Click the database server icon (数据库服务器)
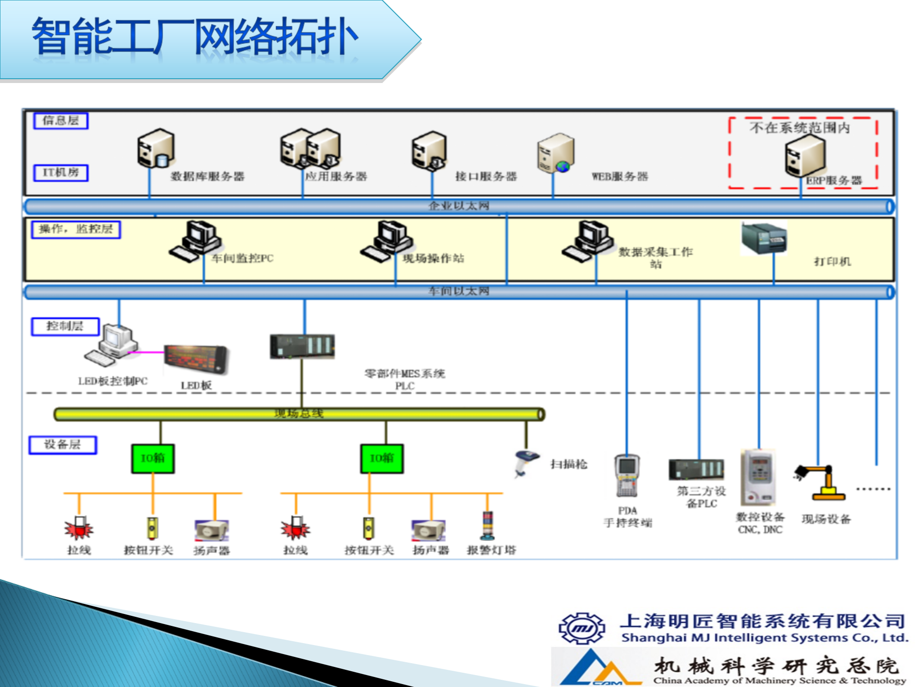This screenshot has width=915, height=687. [x=155, y=148]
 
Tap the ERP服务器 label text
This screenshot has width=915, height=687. [x=834, y=180]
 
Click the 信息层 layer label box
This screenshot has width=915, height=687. [x=61, y=120]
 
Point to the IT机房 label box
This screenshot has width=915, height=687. [x=61, y=172]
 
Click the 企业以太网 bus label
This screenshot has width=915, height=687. [x=458, y=206]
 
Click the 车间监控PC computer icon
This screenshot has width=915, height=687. [x=195, y=241]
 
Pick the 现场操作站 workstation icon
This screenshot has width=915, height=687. [x=386, y=241]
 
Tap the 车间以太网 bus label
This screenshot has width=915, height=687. [x=458, y=291]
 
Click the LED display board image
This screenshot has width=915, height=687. [x=195, y=359]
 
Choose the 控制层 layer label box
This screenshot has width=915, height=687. [x=65, y=326]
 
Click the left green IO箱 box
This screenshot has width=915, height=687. [x=153, y=458]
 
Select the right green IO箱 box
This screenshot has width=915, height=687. [x=382, y=458]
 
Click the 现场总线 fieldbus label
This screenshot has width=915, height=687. [x=299, y=414]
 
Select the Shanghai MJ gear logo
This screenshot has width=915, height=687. [x=581, y=628]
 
